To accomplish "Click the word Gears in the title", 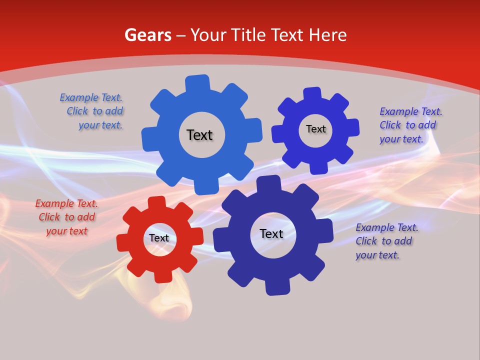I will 147,35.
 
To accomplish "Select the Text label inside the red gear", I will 159,238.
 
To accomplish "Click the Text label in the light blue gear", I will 199,135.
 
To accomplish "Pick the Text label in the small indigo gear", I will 315,129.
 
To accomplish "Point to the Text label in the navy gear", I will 271,234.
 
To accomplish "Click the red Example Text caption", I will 66,217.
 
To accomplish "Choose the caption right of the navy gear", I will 386,241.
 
